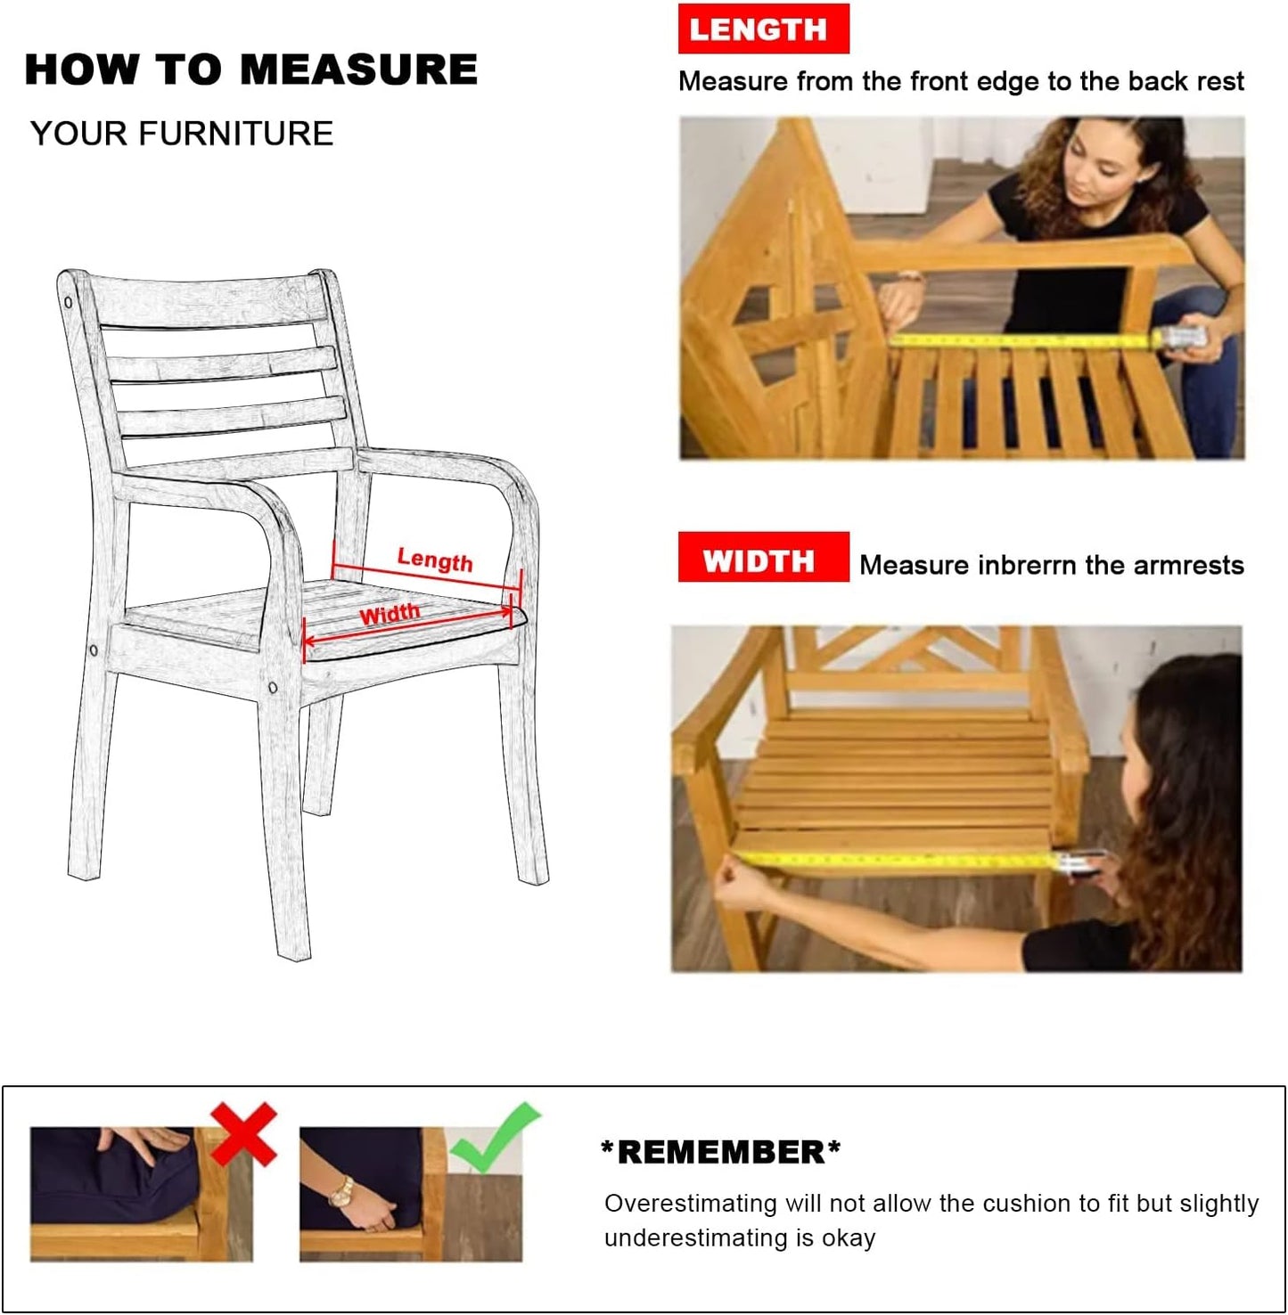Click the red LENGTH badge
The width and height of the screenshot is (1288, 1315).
[x=763, y=29]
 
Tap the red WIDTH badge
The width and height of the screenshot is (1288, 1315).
[x=763, y=558]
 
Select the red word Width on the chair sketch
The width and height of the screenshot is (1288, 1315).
[x=390, y=614]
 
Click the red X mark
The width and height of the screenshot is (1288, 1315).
[x=243, y=1133]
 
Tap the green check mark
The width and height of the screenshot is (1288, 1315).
[x=495, y=1138]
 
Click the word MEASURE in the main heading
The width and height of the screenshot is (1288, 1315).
[x=359, y=69]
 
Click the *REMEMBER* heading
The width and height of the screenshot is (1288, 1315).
[x=721, y=1152]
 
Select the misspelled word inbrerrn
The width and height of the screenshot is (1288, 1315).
[x=1027, y=565]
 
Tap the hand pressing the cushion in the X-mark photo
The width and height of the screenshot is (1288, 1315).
[x=143, y=1139]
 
